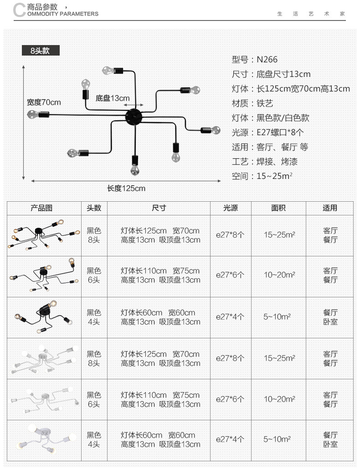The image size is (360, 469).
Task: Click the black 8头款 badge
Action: (x=40, y=51)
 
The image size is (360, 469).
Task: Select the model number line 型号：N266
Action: (x=254, y=60)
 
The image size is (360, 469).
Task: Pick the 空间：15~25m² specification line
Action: (x=262, y=176)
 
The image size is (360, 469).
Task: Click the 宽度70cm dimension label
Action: (x=44, y=102)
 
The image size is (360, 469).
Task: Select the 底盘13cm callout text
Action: (x=113, y=98)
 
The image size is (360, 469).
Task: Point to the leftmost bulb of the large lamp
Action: (x=33, y=114)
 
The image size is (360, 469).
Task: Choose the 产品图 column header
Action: (x=42, y=208)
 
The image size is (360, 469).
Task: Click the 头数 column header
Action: (x=94, y=208)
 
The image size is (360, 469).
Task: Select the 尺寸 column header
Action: (x=159, y=208)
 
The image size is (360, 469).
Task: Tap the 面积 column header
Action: (x=278, y=208)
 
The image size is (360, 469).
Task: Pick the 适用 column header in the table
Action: (x=330, y=208)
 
